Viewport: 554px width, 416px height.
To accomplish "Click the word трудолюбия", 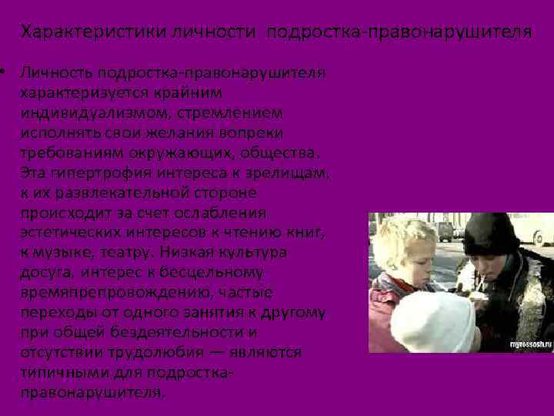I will point(161,352).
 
